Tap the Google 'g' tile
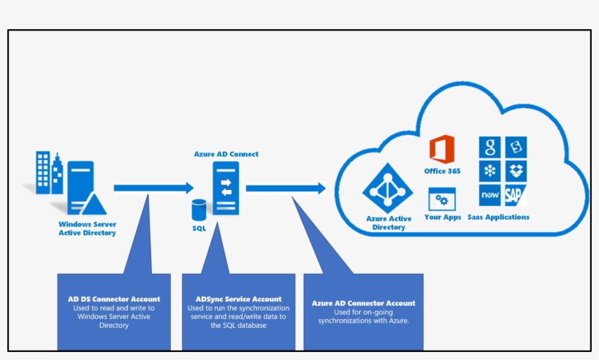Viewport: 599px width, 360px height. coord(489,147)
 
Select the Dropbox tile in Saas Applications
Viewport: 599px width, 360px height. coord(515,171)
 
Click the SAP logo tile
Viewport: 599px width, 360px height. coord(515,196)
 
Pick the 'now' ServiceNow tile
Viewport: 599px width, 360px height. coord(489,196)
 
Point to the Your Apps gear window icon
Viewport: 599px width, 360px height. coord(441,199)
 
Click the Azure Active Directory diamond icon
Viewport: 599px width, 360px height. coord(388,189)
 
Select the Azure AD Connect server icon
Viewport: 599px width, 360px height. coord(226,188)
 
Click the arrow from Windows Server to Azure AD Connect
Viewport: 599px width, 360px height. coord(153,188)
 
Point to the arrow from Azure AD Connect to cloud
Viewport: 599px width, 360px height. coord(286,188)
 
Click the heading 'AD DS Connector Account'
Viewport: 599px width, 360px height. coord(114,299)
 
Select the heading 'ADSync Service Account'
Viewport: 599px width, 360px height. coord(238,299)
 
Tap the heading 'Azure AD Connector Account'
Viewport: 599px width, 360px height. coord(363,303)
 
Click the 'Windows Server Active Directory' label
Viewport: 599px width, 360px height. coord(87,229)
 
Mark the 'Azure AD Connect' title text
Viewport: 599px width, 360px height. coord(226,154)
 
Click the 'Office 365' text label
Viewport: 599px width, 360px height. coord(442,171)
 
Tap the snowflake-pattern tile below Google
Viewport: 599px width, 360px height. coord(489,171)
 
